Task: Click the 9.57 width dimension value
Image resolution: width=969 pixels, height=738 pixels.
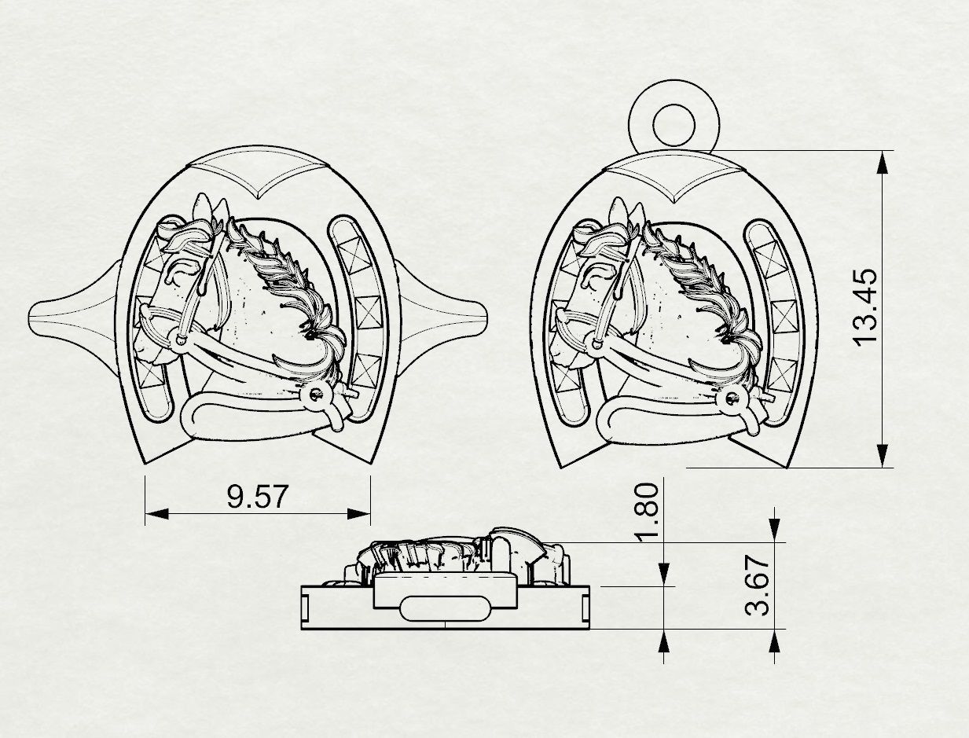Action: pyautogui.click(x=258, y=497)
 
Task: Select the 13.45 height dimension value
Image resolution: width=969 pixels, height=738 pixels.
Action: pyautogui.click(x=864, y=307)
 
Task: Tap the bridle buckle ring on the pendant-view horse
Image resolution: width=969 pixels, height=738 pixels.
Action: pyautogui.click(x=735, y=399)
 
